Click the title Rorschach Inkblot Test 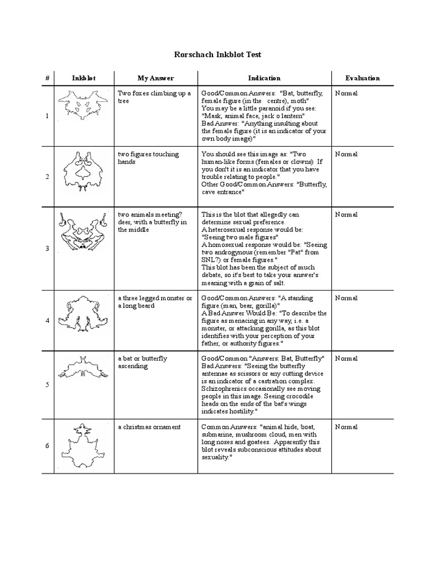point(217,55)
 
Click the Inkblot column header point(84,78)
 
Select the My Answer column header point(156,78)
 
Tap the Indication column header point(264,78)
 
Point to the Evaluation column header point(362,78)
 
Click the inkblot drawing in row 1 point(83,106)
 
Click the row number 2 point(48,177)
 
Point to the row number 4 point(48,321)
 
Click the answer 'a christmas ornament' point(149,427)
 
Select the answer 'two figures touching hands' point(148,157)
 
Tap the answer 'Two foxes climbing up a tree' point(154,97)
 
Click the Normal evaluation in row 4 point(346,298)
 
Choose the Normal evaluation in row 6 point(346,427)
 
